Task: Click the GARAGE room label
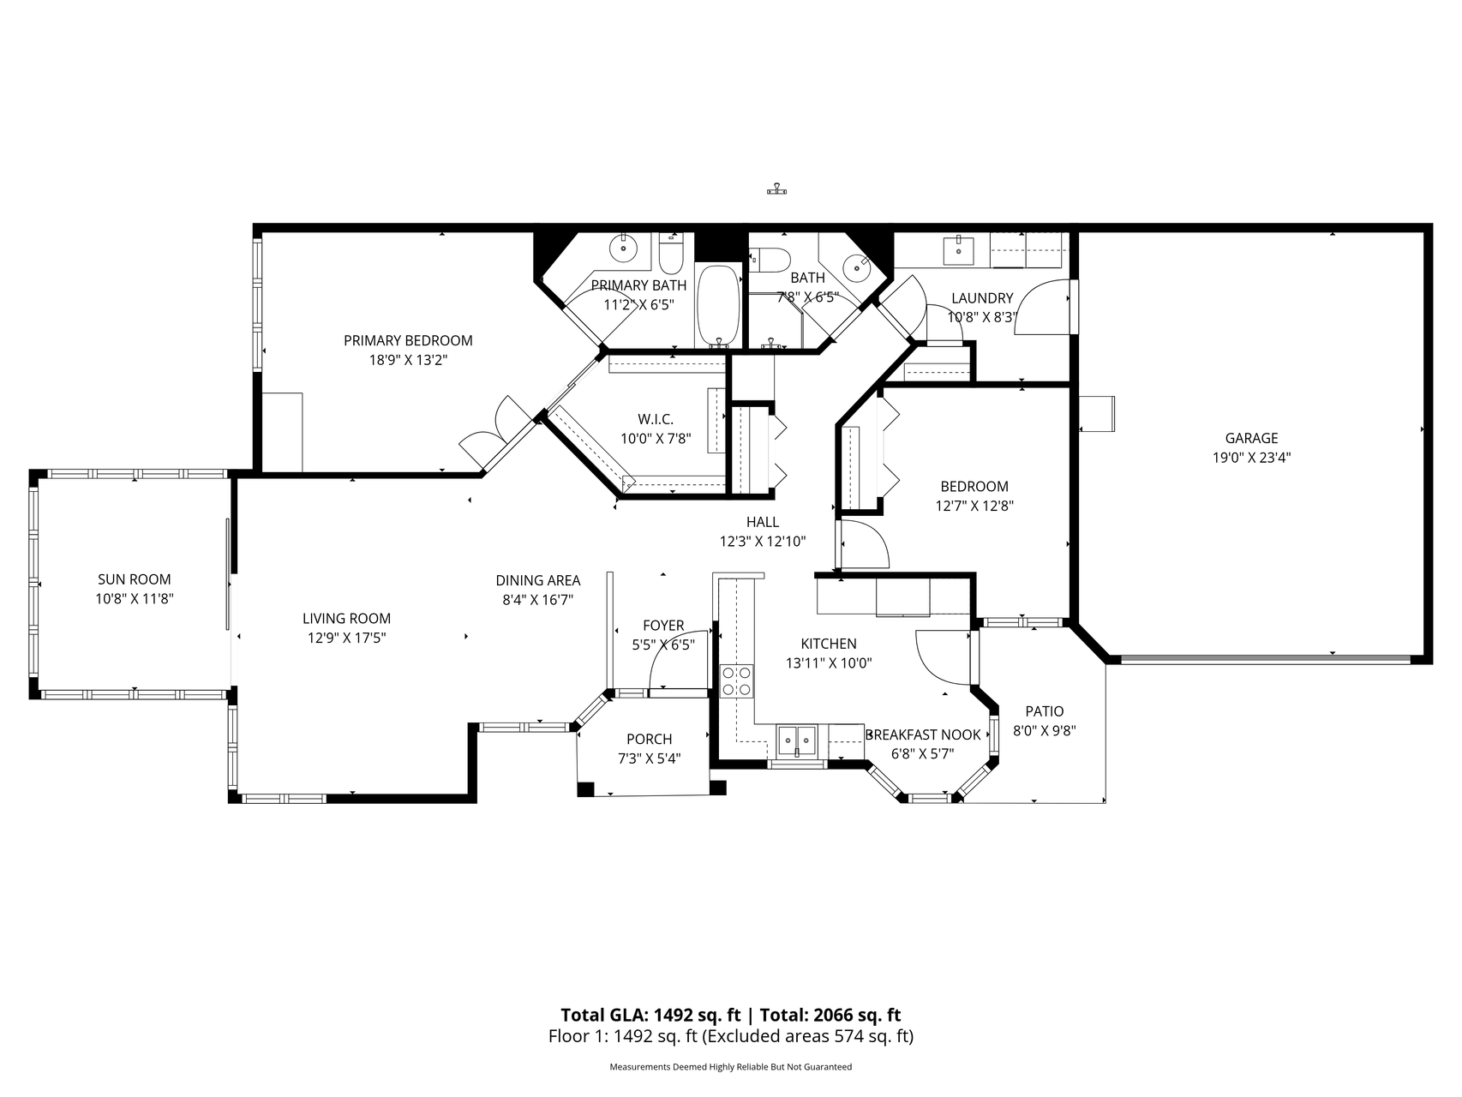tap(1251, 438)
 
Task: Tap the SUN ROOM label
tap(134, 579)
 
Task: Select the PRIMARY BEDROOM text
tap(408, 340)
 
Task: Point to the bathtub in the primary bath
tap(717, 304)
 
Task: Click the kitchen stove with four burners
tap(737, 680)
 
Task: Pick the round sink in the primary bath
tap(623, 249)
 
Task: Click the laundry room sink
tap(958, 250)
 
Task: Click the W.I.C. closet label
tap(656, 419)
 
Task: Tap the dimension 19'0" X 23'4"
tap(1251, 458)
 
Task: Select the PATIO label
tap(1045, 711)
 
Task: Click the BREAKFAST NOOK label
tap(924, 735)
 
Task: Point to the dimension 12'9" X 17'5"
tap(347, 638)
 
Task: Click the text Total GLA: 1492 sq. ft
tap(650, 1016)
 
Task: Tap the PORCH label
tap(650, 740)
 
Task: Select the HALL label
tap(763, 522)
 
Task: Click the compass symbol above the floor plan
tap(776, 189)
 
